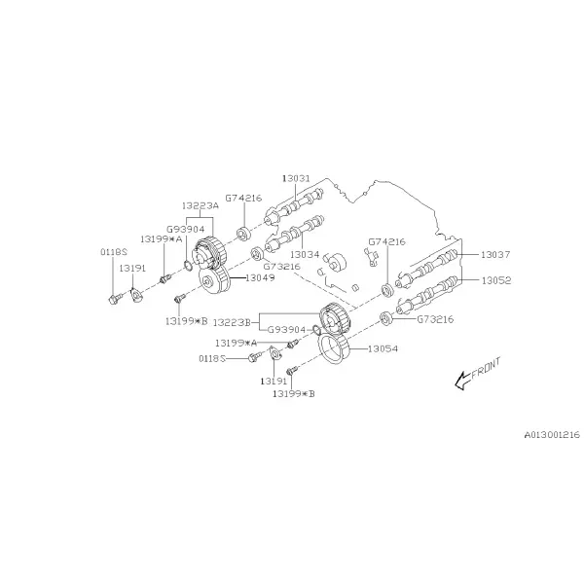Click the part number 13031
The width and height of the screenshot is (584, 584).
296,178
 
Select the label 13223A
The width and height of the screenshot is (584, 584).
201,205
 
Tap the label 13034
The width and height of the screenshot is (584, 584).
305,255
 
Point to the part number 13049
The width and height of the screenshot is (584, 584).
260,277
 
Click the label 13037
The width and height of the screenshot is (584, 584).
495,255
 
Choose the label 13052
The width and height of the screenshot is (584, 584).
496,280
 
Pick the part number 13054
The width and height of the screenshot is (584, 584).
383,349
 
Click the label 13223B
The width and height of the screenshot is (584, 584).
232,322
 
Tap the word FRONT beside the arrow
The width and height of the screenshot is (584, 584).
486,368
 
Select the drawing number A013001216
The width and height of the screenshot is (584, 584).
552,435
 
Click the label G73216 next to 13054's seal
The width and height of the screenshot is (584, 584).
435,319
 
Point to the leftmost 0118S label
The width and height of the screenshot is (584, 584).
114,252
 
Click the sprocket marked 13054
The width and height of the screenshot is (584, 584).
335,348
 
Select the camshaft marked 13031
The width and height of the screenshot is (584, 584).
293,206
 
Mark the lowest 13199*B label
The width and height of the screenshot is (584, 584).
294,393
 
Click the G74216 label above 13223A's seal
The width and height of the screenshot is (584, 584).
243,199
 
